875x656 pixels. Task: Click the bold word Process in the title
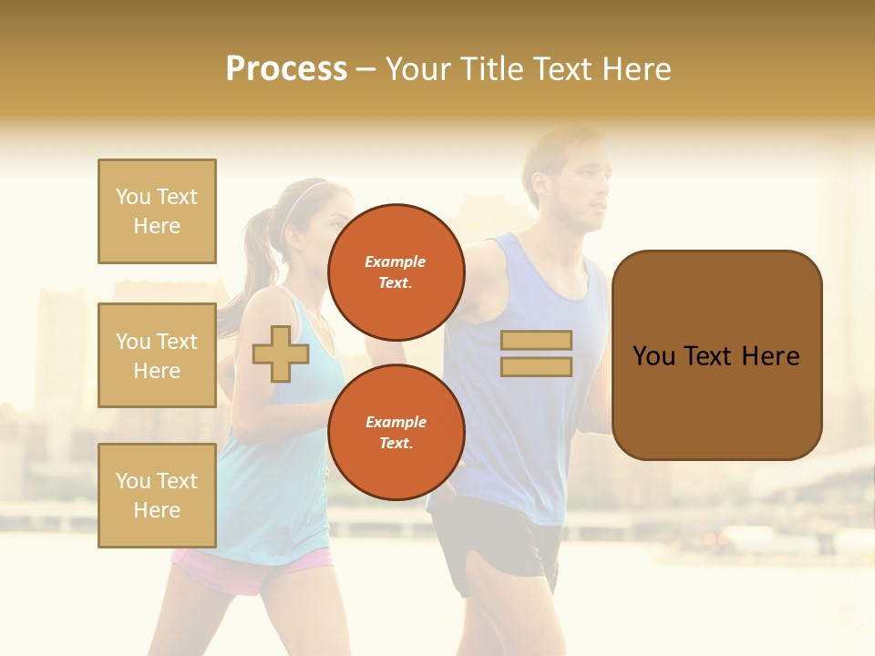coord(286,68)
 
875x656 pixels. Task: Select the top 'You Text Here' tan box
coord(157,211)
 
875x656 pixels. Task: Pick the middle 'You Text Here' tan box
coord(157,355)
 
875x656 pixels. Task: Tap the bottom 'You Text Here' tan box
coord(157,496)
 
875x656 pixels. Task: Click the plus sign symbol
coord(281,354)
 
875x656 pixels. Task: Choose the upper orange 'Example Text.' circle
coord(396,272)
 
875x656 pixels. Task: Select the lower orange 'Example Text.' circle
coord(396,432)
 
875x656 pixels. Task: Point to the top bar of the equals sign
coord(536,341)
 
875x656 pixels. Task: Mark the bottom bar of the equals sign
coord(536,366)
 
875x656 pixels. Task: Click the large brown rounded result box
coord(716,355)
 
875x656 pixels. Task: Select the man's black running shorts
coord(497,547)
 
